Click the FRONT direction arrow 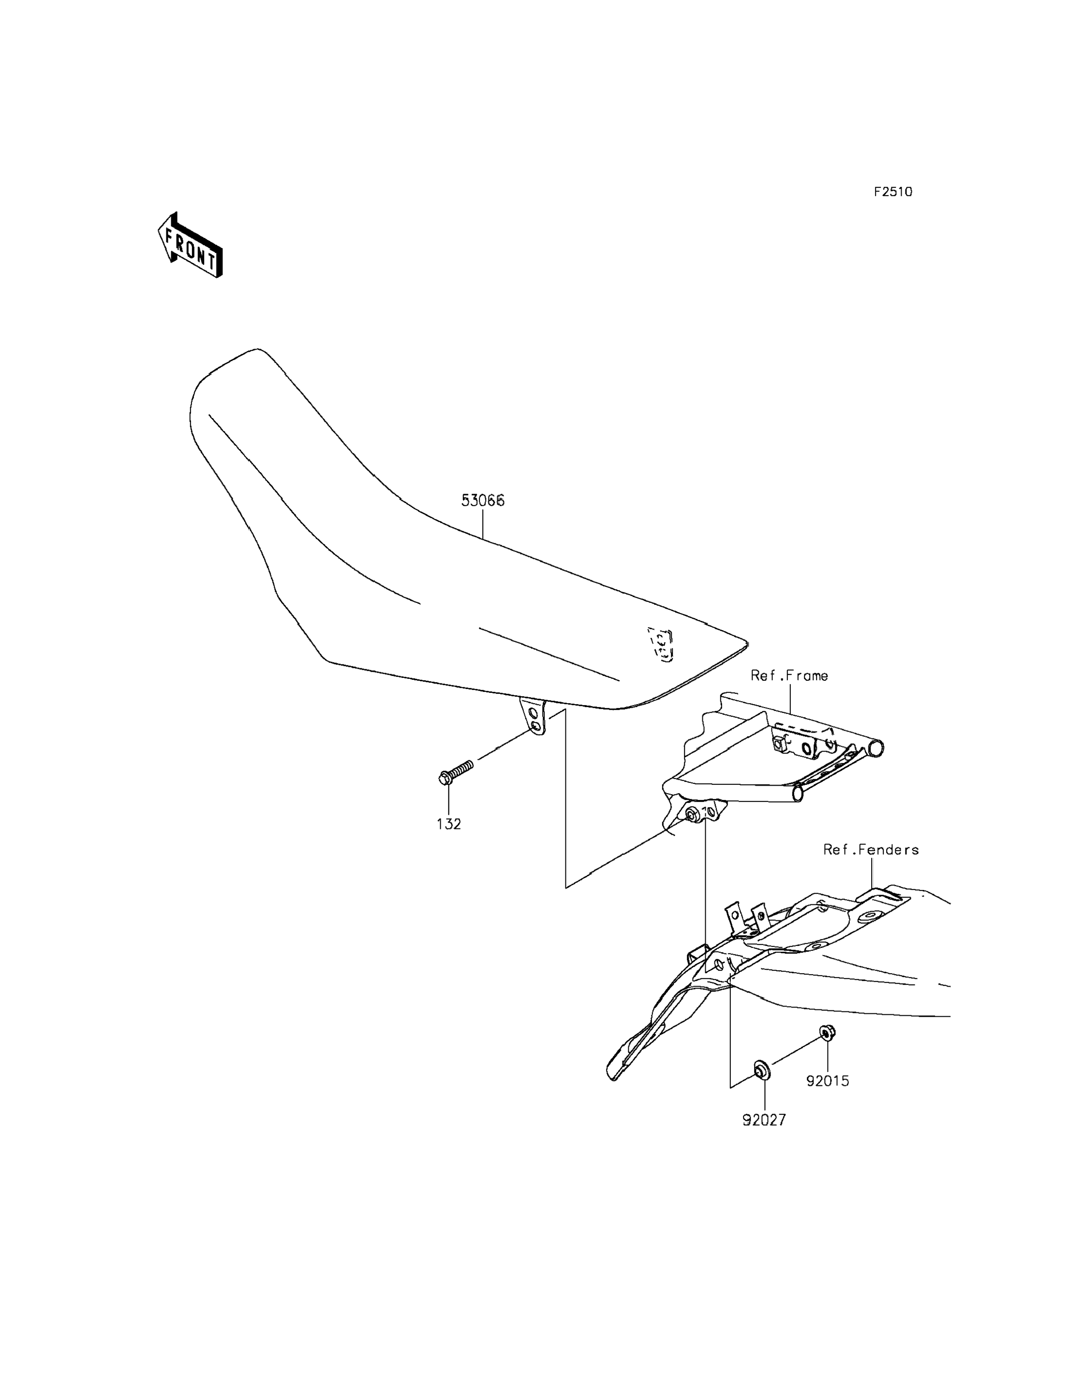pyautogui.click(x=190, y=245)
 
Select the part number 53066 pyautogui.click(x=483, y=500)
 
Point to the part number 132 pyautogui.click(x=449, y=824)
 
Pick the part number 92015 pyautogui.click(x=828, y=1081)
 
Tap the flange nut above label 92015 pyautogui.click(x=827, y=1032)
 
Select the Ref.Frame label pyautogui.click(x=789, y=676)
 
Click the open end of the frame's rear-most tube pyautogui.click(x=876, y=748)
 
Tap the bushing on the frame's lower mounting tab pyautogui.click(x=691, y=813)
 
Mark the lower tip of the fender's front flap pyautogui.click(x=613, y=1075)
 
